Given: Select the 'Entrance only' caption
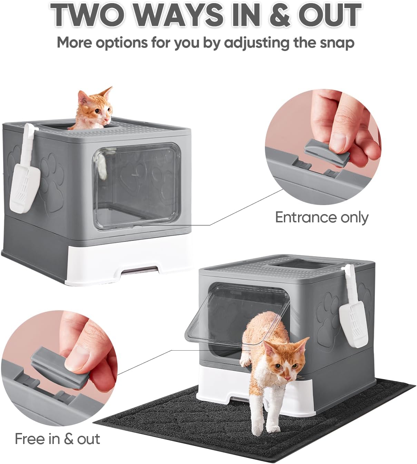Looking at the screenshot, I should pyautogui.click(x=321, y=218).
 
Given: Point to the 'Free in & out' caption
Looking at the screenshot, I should pyautogui.click(x=57, y=439).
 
